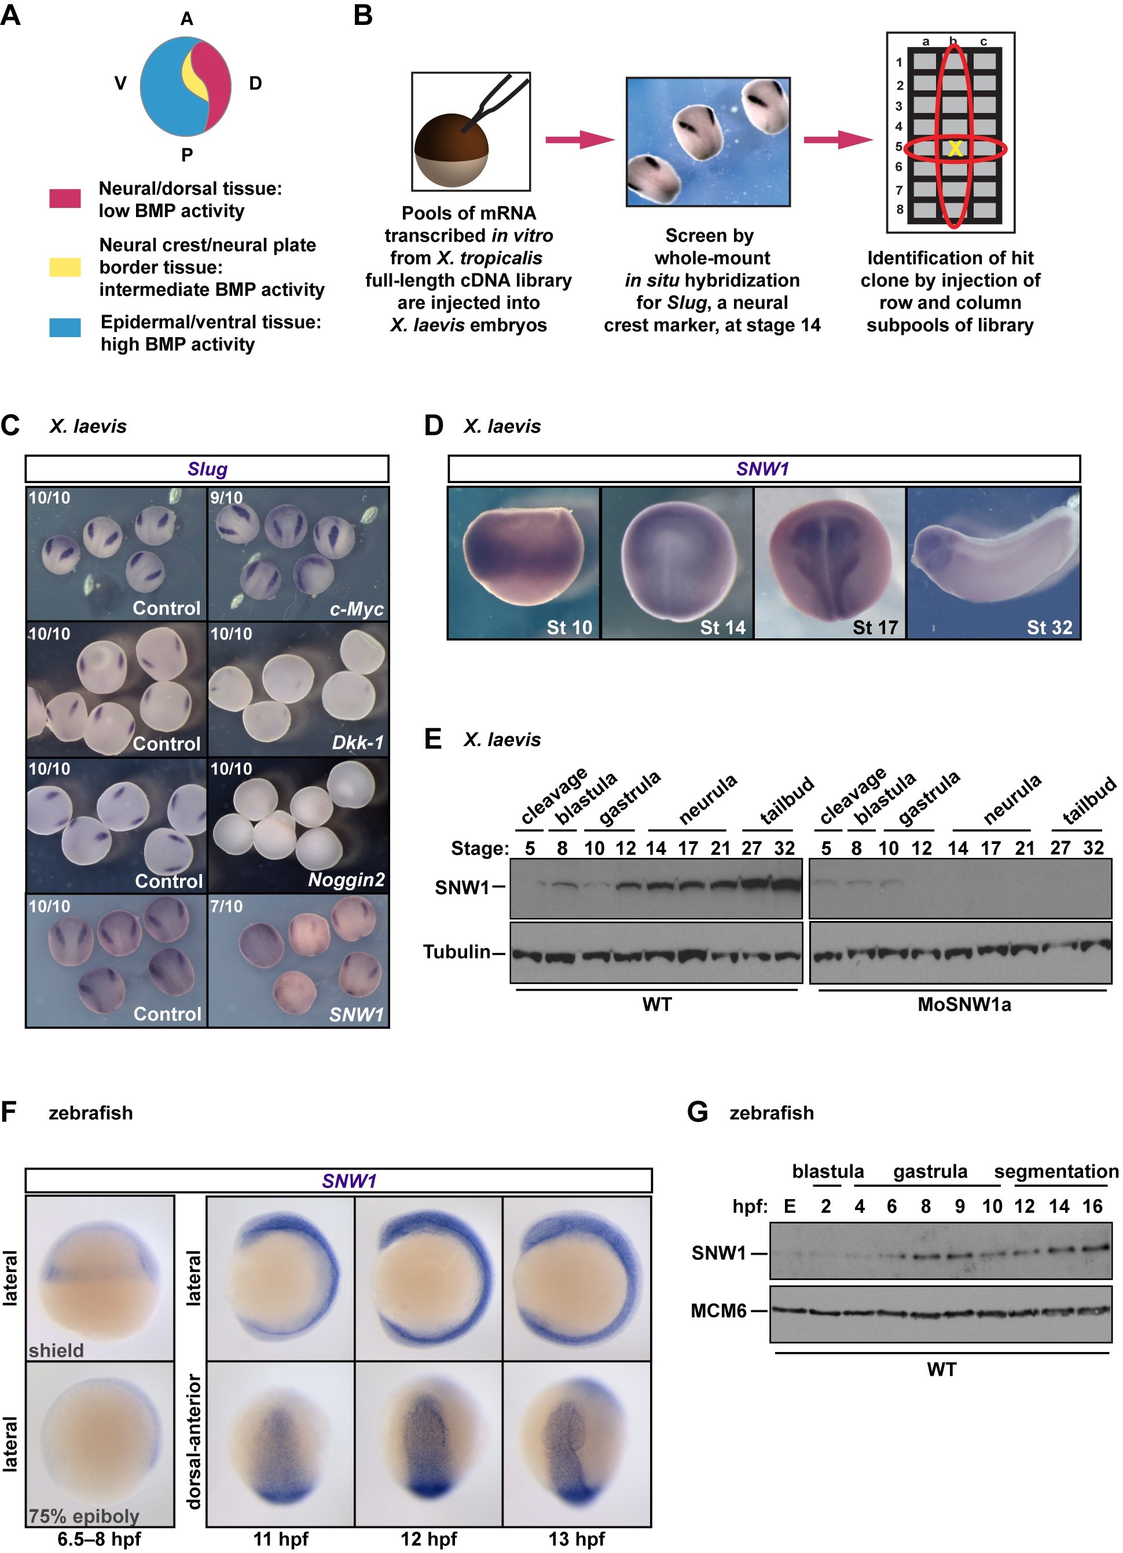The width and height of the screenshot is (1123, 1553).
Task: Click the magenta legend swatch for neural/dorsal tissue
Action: pos(65,199)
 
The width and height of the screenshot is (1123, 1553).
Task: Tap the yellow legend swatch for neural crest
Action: pos(65,267)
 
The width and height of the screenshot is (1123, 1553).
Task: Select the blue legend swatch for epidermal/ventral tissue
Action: pos(65,327)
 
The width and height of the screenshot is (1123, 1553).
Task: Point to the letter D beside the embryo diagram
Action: pos(255,83)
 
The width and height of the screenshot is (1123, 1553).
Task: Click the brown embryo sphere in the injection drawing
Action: pos(451,151)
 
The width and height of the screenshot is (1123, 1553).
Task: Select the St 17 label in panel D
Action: pos(875,627)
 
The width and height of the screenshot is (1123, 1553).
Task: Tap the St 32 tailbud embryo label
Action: pos(1049,627)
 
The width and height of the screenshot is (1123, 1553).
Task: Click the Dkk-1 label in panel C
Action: pos(357,742)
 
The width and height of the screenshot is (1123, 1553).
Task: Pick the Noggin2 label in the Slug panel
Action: pos(346,880)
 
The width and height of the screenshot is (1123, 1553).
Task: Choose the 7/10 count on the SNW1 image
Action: pos(226,907)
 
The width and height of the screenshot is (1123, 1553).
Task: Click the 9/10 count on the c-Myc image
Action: pos(226,498)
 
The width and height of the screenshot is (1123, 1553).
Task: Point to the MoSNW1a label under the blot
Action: pos(964,1004)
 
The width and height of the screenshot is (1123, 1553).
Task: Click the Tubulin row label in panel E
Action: pos(457,952)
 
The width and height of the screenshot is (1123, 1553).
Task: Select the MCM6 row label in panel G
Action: pos(718,1311)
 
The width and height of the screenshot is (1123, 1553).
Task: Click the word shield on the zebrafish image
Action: pos(56,1350)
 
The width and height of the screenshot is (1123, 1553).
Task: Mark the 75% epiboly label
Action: pos(83,1516)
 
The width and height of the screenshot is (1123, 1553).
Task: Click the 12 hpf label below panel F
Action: pos(428,1539)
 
